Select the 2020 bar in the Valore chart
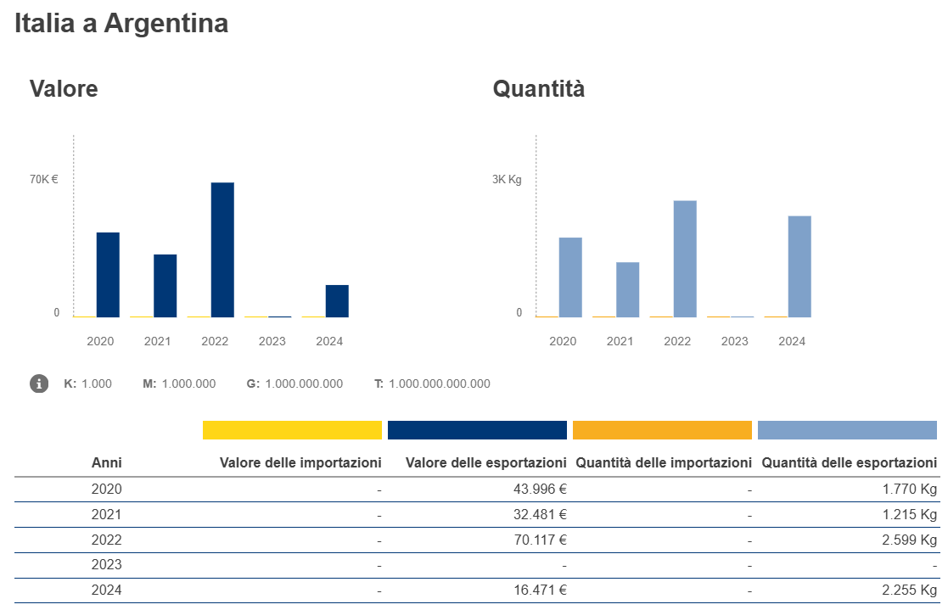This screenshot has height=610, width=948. click(108, 274)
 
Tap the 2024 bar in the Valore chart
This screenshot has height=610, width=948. click(337, 300)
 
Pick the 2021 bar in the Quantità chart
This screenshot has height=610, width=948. click(628, 289)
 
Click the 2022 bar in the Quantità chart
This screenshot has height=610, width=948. click(685, 258)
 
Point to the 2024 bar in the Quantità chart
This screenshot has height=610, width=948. click(799, 266)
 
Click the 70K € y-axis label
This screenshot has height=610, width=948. click(44, 179)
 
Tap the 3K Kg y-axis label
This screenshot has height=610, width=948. click(508, 179)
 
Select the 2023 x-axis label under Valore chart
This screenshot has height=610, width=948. click(272, 341)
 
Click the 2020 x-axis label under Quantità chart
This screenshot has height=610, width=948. click(563, 341)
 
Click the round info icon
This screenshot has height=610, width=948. click(39, 383)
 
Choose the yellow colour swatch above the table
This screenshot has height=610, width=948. click(292, 430)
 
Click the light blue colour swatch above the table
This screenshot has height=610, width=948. click(847, 430)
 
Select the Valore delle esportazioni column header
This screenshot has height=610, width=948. click(486, 463)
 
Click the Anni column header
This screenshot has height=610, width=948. click(106, 463)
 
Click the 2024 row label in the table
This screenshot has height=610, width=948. click(106, 590)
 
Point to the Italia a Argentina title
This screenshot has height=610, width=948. click(121, 24)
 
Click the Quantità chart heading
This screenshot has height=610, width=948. click(539, 88)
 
